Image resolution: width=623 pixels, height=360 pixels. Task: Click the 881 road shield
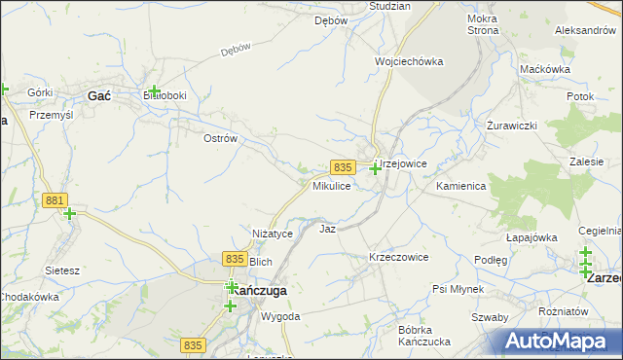55,200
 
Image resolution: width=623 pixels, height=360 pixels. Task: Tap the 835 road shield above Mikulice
342,167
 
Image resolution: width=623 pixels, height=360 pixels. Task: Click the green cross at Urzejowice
375,168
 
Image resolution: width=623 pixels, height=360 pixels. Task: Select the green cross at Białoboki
154,91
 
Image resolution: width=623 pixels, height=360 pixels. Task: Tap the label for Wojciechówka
409,61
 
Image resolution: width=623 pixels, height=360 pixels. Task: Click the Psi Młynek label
458,290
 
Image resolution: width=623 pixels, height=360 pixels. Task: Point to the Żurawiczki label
513,127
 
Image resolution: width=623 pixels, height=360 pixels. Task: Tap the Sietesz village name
61,270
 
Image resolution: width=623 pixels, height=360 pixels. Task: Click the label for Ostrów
220,139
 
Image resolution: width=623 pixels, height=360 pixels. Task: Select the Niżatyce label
273,234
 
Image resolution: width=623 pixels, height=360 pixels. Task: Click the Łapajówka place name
531,236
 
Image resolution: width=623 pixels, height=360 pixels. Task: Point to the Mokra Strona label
483,24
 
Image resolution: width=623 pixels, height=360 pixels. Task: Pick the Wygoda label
280,317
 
